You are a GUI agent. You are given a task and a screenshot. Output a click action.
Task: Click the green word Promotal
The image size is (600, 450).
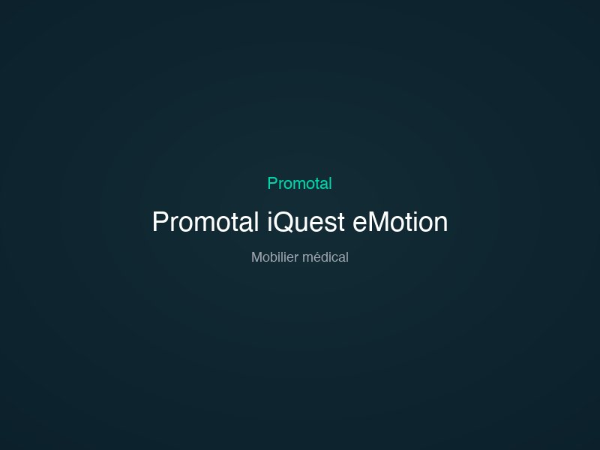pyautogui.click(x=299, y=183)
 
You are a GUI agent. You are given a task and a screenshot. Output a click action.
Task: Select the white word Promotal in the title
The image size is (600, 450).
pyautogui.click(x=206, y=222)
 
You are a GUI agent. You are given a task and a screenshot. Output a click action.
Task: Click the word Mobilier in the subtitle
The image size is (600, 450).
pyautogui.click(x=274, y=257)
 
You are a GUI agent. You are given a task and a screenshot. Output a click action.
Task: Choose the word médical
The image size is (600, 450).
pyautogui.click(x=325, y=257)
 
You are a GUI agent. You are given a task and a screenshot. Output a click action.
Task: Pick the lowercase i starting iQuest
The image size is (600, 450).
pyautogui.click(x=270, y=222)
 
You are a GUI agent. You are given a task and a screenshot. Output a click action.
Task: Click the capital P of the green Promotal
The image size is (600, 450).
pyautogui.click(x=272, y=183)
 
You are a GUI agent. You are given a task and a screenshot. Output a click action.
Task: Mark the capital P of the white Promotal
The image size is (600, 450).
pyautogui.click(x=159, y=222)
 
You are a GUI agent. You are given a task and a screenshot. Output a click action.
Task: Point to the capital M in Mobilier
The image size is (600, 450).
pyautogui.click(x=256, y=257)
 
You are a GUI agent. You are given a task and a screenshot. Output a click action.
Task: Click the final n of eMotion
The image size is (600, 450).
pyautogui.click(x=441, y=223)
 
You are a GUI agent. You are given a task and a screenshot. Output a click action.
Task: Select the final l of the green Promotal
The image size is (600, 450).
pyautogui.click(x=330, y=183)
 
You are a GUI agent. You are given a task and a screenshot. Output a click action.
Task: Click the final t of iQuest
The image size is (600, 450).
pyautogui.click(x=341, y=222)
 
